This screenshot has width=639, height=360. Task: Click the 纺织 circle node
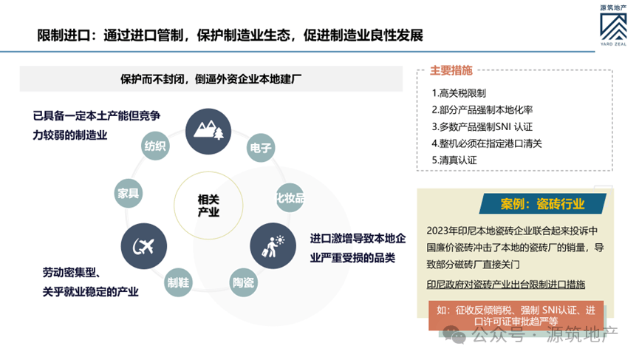[157, 146]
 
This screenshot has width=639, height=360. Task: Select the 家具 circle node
[129, 194]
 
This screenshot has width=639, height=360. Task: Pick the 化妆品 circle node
[290, 197]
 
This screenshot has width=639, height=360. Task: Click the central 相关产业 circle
[208, 206]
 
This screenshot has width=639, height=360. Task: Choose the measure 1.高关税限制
[459, 94]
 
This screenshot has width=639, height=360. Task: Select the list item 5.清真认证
[454, 159]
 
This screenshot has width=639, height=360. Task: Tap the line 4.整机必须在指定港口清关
[487, 143]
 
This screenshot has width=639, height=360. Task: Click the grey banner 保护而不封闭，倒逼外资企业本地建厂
[208, 79]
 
